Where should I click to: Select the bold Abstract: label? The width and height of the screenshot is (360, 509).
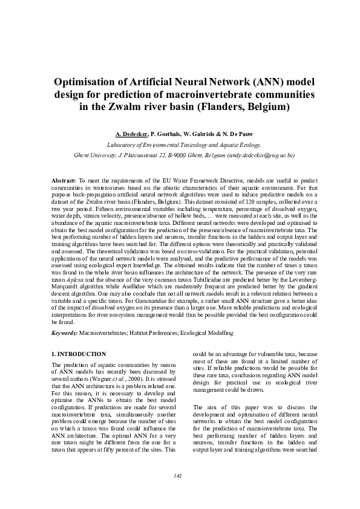pyautogui.click(x=63, y=181)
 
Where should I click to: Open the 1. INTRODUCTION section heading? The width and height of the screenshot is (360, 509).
pyautogui.click(x=79, y=354)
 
